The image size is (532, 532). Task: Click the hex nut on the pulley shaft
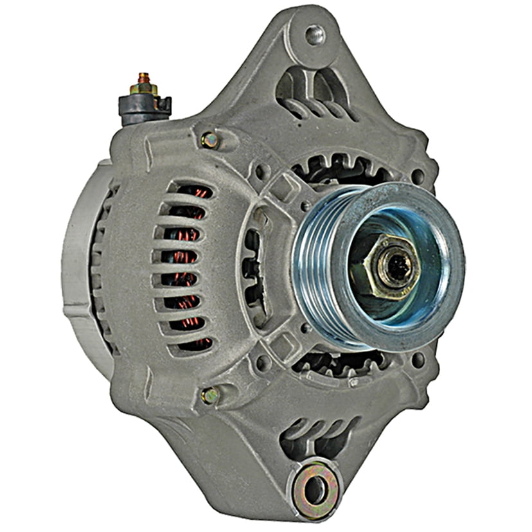tap(384, 266)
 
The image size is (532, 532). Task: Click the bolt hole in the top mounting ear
tap(314, 34)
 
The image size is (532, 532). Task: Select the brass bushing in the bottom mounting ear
tap(314, 491)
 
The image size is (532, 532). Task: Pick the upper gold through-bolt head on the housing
tap(209, 139)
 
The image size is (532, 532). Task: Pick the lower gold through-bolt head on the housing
tap(210, 395)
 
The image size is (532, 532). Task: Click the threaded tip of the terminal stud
tap(143, 76)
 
